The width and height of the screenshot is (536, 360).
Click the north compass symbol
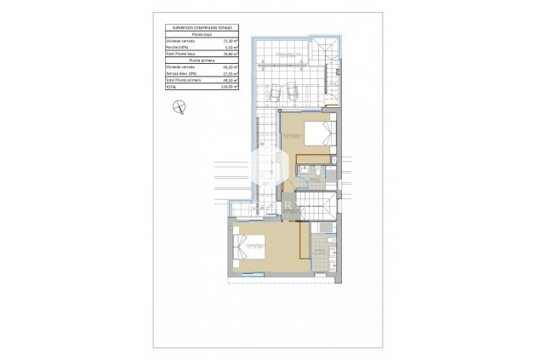pyautogui.click(x=178, y=106)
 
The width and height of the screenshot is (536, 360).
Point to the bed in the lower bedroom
pyautogui.click(x=255, y=249)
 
